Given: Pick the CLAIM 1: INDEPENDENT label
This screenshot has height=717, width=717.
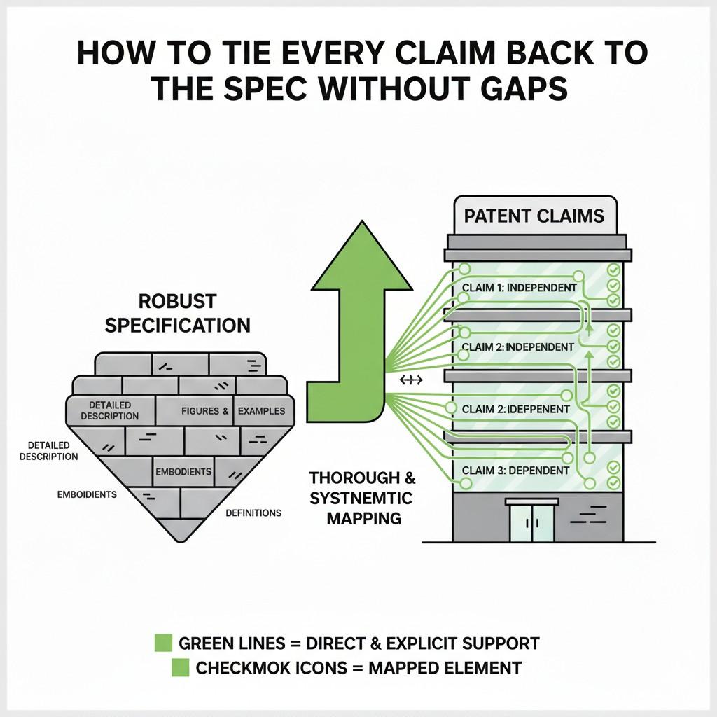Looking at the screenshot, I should [520, 288].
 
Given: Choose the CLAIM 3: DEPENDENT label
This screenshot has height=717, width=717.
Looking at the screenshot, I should [516, 470].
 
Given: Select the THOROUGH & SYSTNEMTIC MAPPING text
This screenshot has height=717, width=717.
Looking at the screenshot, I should [363, 498].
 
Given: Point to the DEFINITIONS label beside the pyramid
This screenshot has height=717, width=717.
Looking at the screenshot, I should [253, 513].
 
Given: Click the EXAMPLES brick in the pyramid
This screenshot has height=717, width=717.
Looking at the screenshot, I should [261, 410].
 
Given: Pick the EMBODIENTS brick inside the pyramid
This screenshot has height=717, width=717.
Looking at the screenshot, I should [183, 472].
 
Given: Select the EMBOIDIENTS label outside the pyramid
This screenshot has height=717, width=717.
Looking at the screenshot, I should [87, 494].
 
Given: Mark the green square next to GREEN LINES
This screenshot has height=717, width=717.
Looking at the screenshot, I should [163, 642].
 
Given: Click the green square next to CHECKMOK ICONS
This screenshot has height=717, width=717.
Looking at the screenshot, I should [181, 668].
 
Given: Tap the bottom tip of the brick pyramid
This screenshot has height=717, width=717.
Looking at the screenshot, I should [181, 540].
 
